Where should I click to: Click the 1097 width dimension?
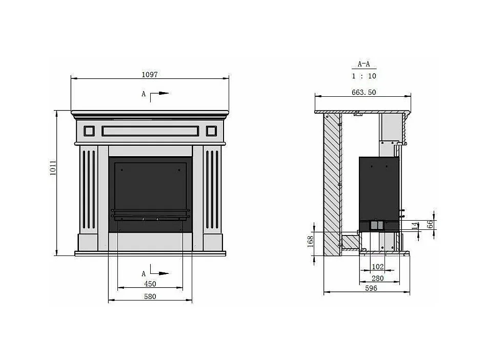coord(150,75)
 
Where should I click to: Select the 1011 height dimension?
coord(53,168)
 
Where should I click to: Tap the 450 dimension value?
coord(150,284)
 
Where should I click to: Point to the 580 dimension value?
coord(150,296)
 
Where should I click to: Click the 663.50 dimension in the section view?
coord(364,92)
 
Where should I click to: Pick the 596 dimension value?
coord(371,288)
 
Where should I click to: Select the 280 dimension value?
coord(377,279)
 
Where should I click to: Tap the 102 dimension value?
coord(377,267)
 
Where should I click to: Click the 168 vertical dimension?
coord(310,242)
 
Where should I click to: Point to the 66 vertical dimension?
coord(430,224)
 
